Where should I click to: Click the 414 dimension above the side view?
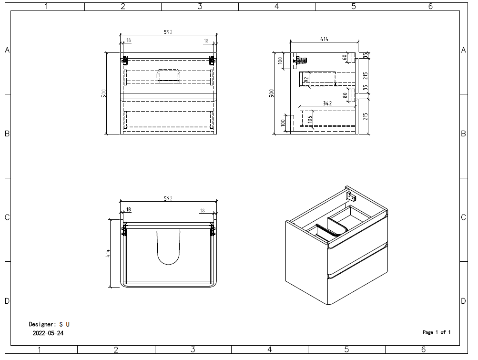324,39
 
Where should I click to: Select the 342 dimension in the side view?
327,103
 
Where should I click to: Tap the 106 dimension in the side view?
310,119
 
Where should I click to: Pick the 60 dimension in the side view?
344,57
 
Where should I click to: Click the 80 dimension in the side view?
344,94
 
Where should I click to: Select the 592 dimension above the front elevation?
168,32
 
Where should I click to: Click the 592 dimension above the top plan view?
168,198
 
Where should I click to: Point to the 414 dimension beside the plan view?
108,254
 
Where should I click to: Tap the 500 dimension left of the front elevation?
103,93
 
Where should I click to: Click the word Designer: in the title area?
42,324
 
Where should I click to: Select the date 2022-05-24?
48,333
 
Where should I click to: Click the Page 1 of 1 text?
436,332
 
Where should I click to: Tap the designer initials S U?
64,324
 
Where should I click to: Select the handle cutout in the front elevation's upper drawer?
168,75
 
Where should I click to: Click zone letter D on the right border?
463,301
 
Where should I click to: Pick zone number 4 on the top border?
276,6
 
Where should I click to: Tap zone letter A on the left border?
7,50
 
